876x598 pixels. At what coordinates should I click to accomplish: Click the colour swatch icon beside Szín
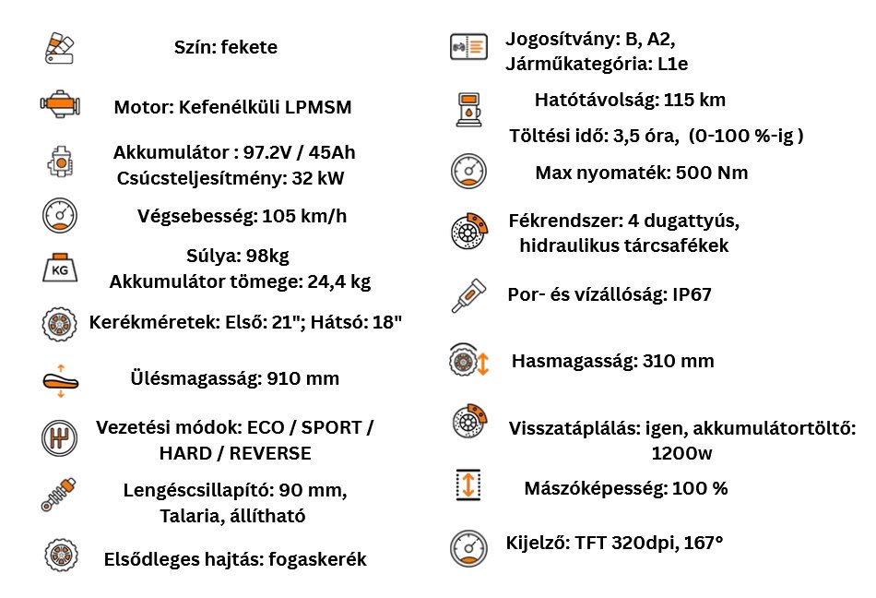(x=60, y=47)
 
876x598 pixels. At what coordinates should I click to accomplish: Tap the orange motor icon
(x=60, y=105)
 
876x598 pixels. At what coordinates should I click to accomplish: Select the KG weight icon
(x=60, y=269)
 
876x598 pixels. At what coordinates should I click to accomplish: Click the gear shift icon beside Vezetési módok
(x=60, y=437)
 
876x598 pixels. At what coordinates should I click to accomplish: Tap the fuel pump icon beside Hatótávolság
(x=468, y=109)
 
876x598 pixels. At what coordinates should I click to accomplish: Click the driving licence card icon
(x=468, y=47)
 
